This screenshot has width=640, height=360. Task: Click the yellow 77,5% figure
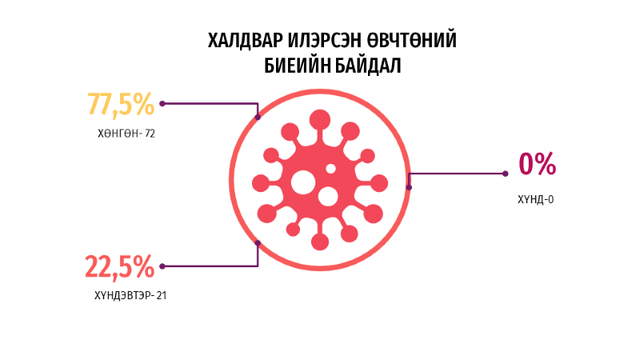coord(122,104)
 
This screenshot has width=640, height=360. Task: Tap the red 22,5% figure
coord(119,266)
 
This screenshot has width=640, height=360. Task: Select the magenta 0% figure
coord(537,164)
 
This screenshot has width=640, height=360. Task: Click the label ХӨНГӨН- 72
coord(126,134)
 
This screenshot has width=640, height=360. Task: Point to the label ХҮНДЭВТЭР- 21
coord(130,295)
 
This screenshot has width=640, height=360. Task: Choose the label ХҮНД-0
coord(535,199)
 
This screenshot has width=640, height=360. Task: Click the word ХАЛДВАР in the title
coord(246,41)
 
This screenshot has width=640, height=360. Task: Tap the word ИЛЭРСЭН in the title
coord(325,41)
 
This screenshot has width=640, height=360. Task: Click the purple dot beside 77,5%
coord(162,104)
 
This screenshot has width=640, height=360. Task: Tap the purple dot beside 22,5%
coord(162,266)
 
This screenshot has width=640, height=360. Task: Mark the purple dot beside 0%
coord(506,174)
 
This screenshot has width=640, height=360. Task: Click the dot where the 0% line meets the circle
coord(409,187)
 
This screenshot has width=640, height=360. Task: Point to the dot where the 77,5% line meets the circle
coord(258,117)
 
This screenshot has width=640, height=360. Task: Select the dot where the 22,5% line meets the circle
coord(258,243)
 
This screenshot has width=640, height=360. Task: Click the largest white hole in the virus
coord(303,182)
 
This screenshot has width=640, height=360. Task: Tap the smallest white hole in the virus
coord(330,169)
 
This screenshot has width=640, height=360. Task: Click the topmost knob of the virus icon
coord(319,120)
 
